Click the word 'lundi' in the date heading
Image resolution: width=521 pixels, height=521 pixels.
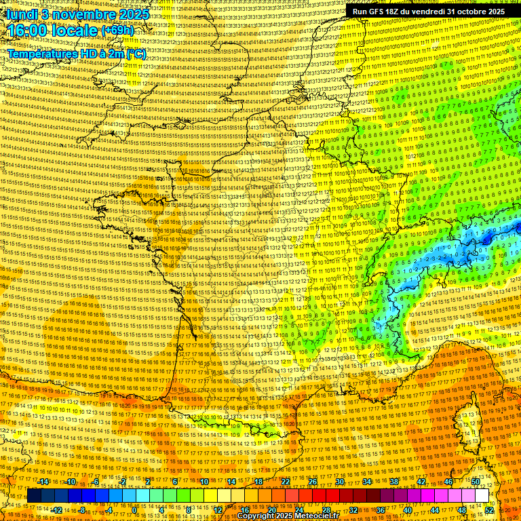[x=21, y=14]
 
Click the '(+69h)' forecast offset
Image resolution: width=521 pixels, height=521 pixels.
[x=117, y=31]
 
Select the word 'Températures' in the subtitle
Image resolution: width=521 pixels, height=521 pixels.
[x=41, y=53]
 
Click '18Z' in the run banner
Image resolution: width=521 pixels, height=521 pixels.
[x=394, y=12]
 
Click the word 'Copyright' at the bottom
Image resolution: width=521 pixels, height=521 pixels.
[x=258, y=516]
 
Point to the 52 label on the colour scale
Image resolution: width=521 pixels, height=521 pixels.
[x=489, y=510]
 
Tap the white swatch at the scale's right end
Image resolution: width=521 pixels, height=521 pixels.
[x=482, y=496]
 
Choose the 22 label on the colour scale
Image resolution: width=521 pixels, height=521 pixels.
[x=286, y=482]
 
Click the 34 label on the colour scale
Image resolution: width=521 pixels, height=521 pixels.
[x=367, y=482]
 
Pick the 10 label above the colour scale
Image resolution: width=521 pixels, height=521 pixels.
[x=204, y=482]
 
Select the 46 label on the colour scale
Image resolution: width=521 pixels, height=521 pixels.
[x=448, y=482]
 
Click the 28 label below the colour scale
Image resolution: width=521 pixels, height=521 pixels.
[x=326, y=510]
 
